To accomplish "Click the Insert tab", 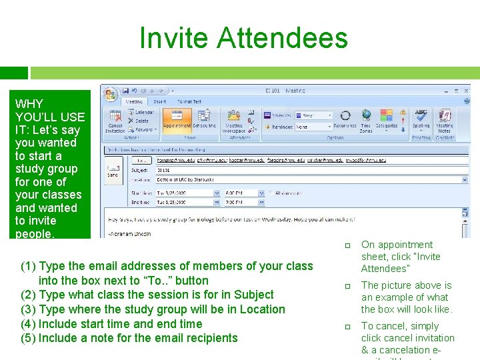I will pyautogui.click(x=160, y=101).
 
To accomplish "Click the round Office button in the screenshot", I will pyautogui.click(x=110, y=93).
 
